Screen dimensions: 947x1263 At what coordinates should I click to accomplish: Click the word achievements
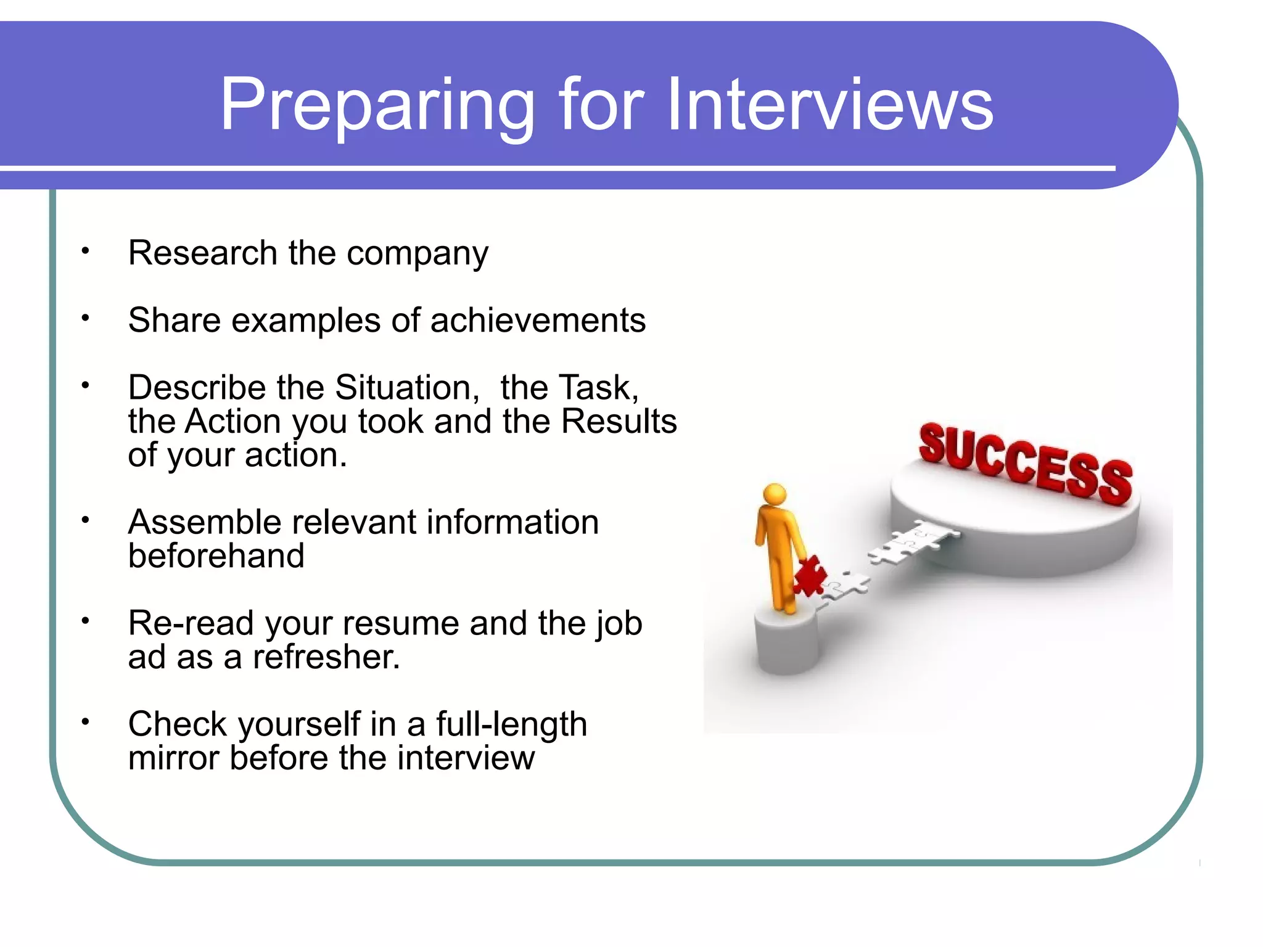tap(538, 321)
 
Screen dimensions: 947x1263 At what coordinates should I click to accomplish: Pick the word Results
tap(619, 422)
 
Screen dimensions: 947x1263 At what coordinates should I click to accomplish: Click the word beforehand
tap(216, 556)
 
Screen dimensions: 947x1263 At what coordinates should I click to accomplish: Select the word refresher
tap(326, 657)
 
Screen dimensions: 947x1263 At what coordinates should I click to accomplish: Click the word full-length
tap(511, 724)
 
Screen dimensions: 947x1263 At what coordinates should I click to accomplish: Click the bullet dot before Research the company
tap(86, 251)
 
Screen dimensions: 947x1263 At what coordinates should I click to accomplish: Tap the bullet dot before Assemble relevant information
tap(86, 520)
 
